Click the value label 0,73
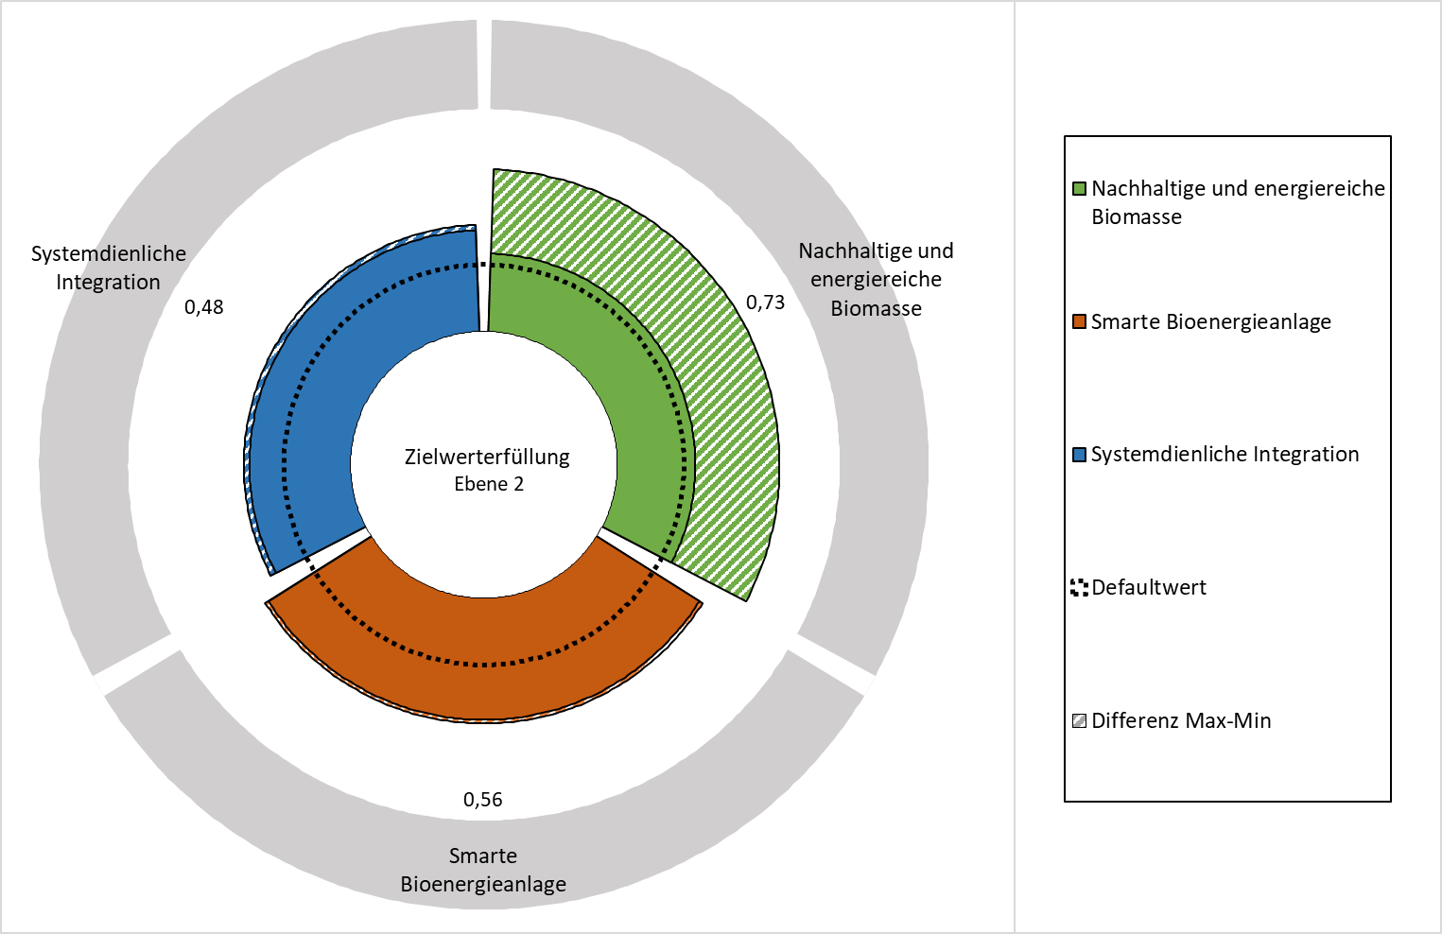point(765,303)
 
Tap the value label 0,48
point(204,307)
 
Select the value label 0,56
point(483,800)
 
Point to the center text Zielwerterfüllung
point(487,457)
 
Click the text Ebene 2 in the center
point(489,484)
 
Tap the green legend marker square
point(1079,189)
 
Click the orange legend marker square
point(1079,321)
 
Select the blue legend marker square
point(1079,455)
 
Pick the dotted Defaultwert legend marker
point(1079,588)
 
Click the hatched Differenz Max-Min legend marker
point(1079,721)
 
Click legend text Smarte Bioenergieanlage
point(1211,321)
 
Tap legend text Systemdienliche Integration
point(1225,455)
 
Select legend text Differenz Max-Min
point(1181,721)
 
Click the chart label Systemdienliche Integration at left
point(108,268)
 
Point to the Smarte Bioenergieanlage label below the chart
point(483,871)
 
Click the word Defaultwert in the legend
point(1149,588)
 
